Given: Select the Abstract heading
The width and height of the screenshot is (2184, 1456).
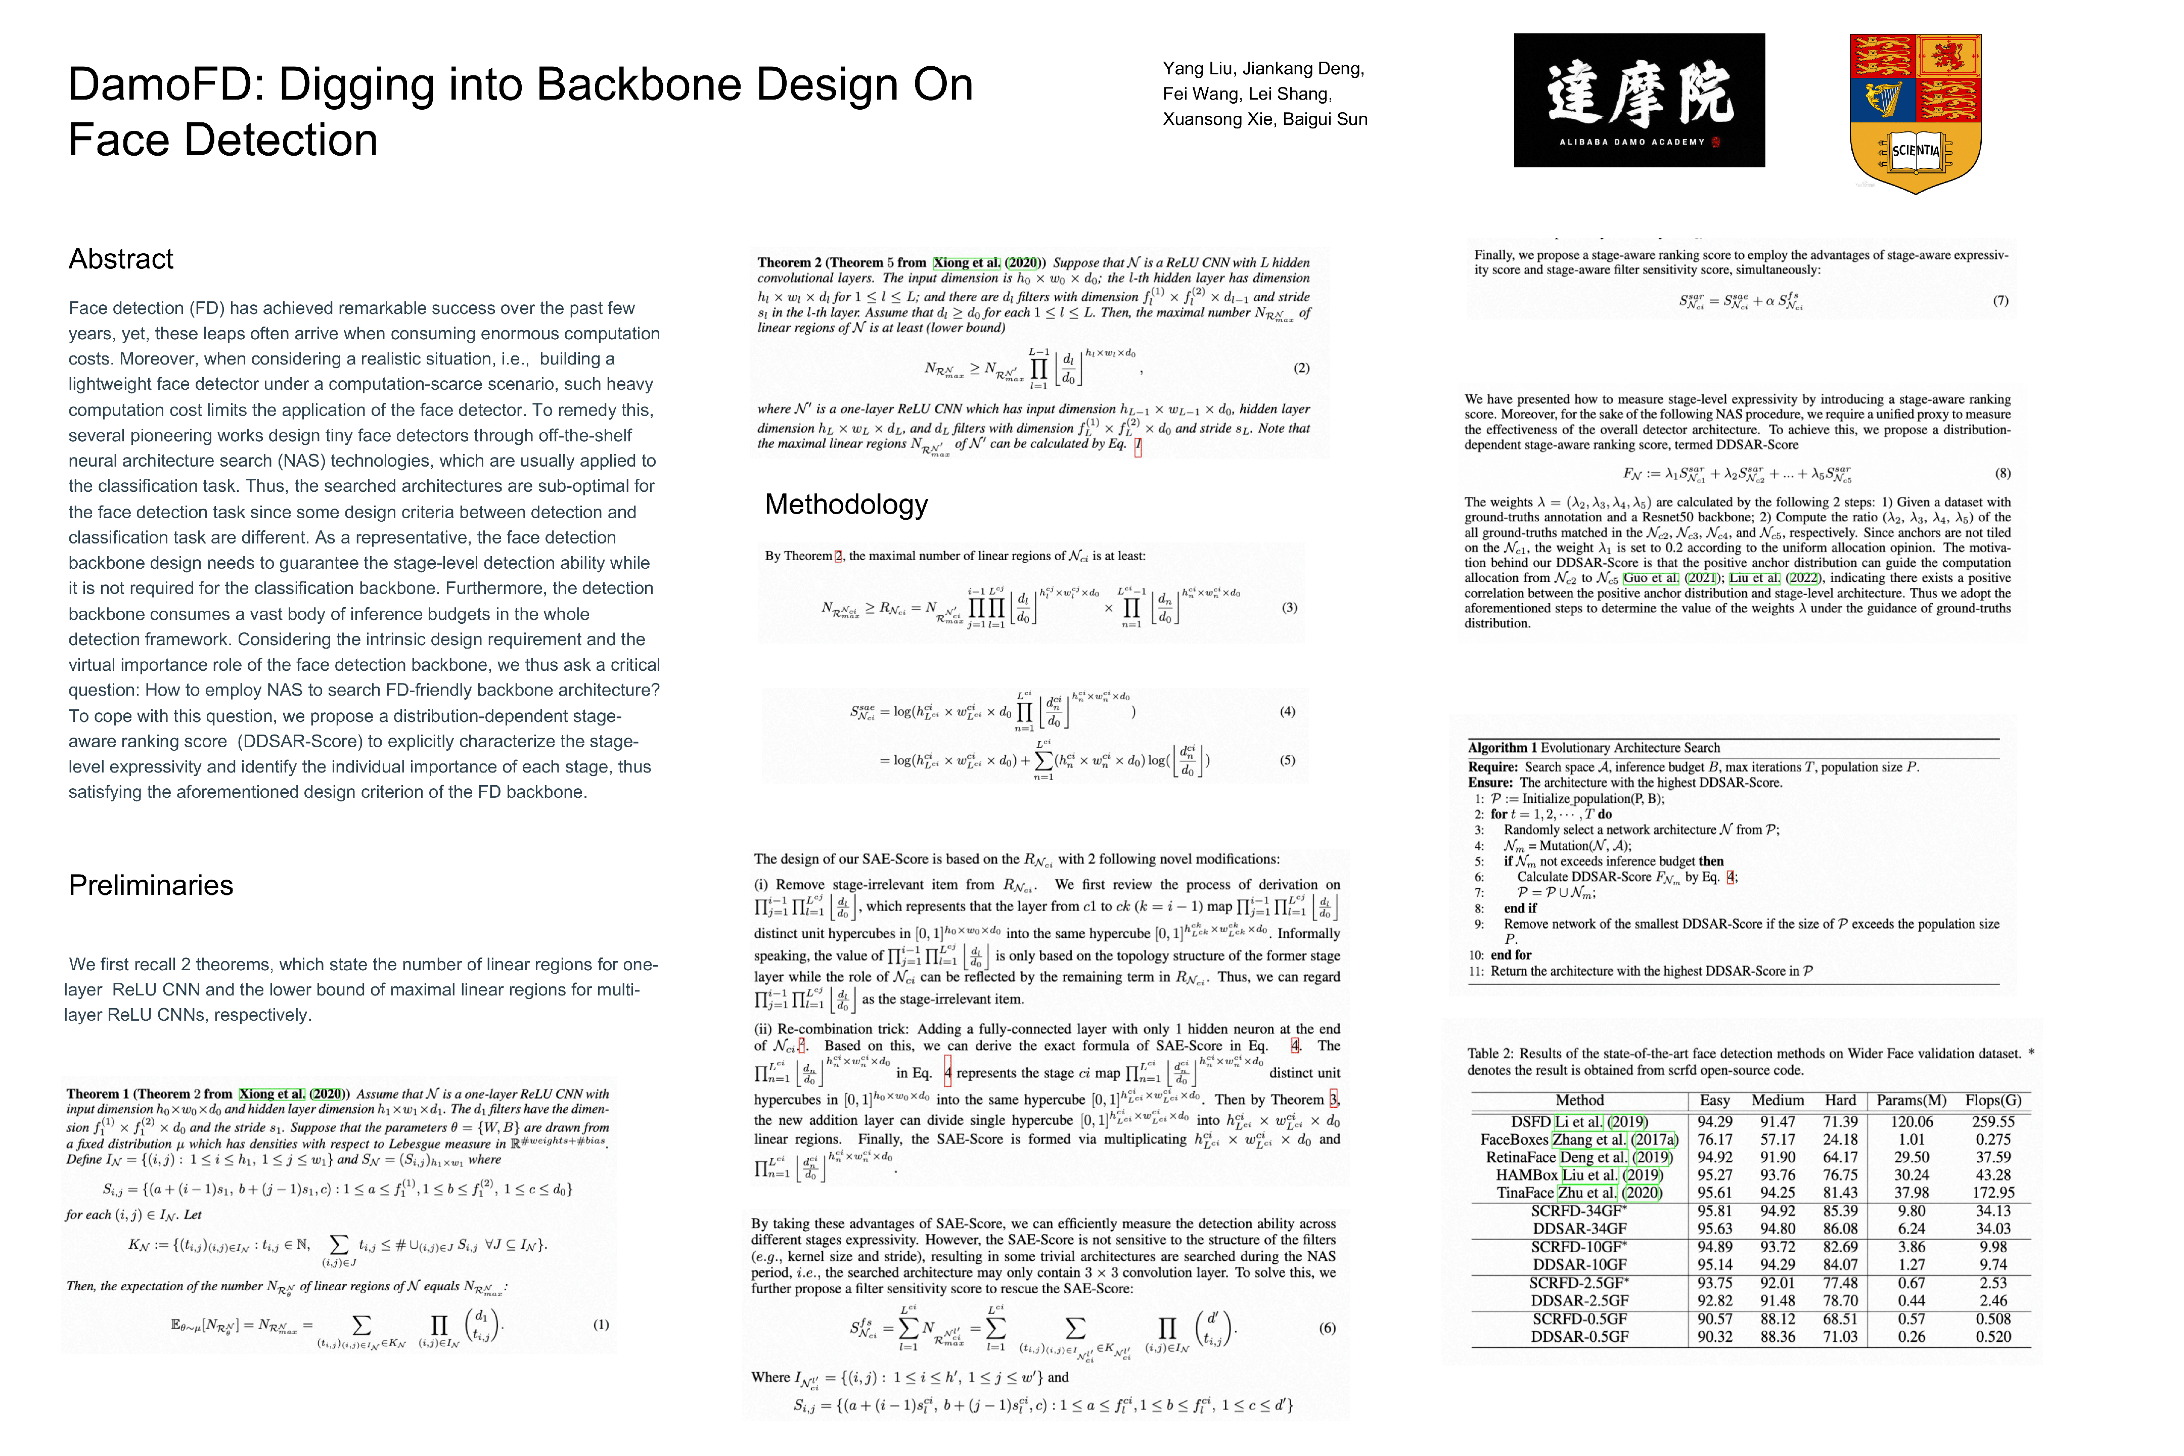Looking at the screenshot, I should pos(121,259).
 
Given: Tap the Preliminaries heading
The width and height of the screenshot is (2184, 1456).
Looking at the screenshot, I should pos(151,885).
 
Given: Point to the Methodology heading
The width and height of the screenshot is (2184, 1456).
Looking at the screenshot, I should pos(846,504).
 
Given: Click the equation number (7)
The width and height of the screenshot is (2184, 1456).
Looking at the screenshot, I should pos(2000,301).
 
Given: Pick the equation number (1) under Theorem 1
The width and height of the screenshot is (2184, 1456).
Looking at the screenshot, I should pos(601,1324).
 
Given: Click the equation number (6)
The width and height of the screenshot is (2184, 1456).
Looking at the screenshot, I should pos(1327,1328).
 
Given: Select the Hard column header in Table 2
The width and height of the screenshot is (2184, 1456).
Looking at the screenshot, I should pos(1840,1101).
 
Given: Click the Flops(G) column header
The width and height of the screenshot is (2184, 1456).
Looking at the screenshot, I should pos(1993,1101).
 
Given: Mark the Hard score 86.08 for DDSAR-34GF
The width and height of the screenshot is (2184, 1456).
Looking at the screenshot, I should pos(1840,1228).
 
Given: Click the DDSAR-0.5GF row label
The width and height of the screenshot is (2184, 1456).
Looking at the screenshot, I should pos(1579,1337).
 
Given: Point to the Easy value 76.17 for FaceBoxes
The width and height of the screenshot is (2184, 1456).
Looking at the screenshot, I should pos(1714,1140).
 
